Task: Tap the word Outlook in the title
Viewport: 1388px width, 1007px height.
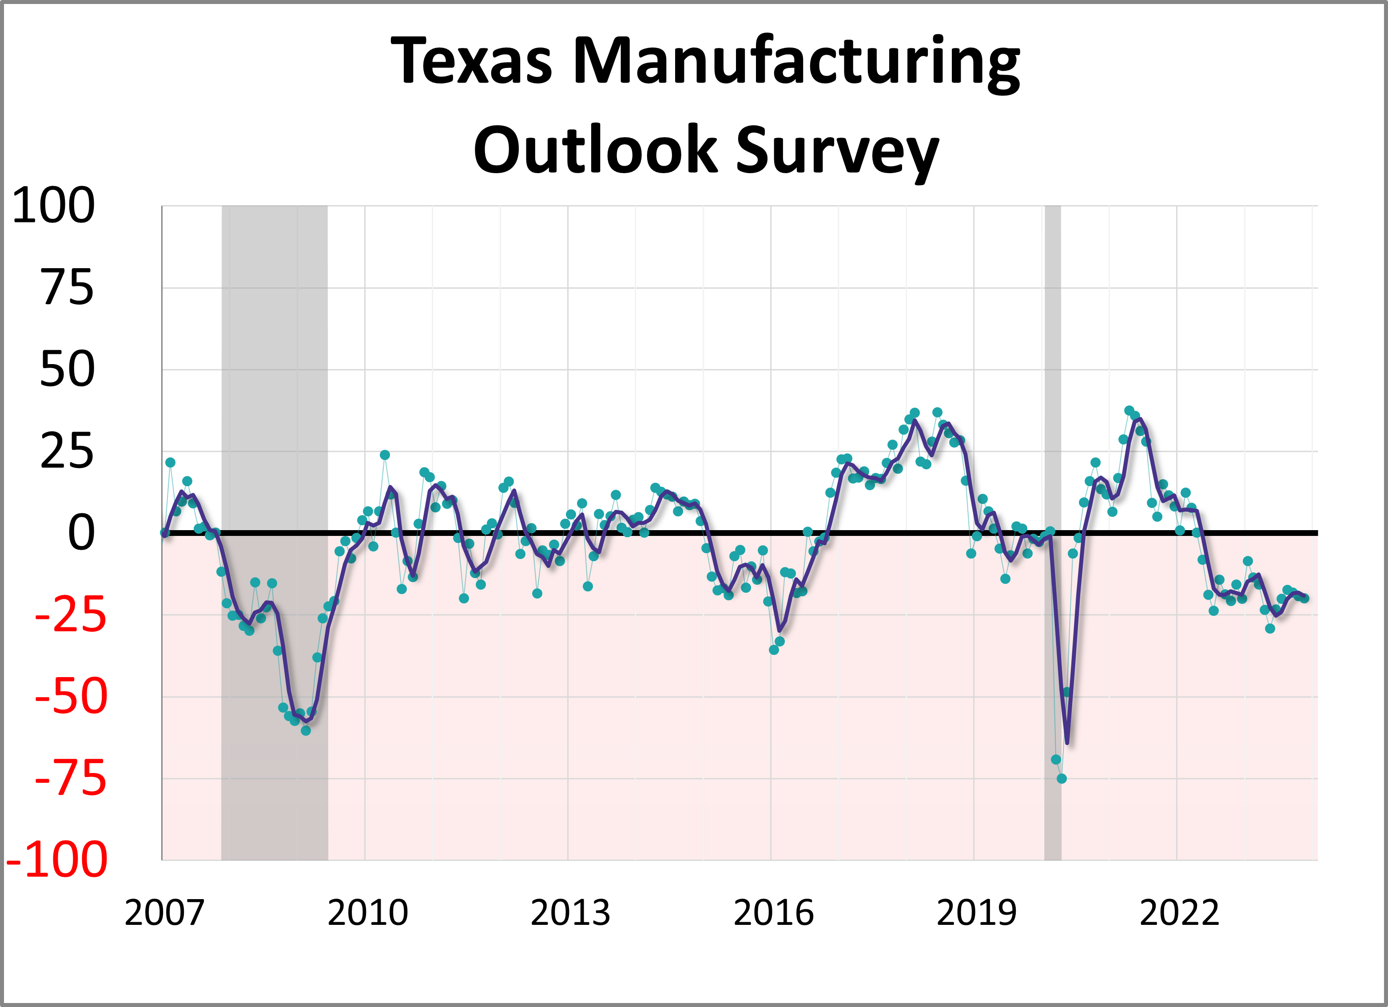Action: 595,150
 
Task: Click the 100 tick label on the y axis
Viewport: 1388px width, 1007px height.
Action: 53,206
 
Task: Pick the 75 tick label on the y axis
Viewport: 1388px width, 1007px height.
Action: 68,288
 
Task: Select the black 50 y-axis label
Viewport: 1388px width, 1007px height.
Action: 68,370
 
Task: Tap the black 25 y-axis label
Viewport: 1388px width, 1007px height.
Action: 68,452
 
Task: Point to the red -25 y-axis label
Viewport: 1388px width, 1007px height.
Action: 70,615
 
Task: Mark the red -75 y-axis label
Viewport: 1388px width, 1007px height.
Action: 70,779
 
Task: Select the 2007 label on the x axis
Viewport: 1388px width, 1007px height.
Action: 164,913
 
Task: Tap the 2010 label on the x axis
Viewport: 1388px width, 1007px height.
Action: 367,913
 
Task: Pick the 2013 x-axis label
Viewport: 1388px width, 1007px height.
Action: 570,913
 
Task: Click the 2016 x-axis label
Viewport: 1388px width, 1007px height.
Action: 773,913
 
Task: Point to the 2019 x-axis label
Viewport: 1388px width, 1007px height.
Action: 976,913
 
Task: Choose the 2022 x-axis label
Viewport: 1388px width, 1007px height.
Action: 1179,913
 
